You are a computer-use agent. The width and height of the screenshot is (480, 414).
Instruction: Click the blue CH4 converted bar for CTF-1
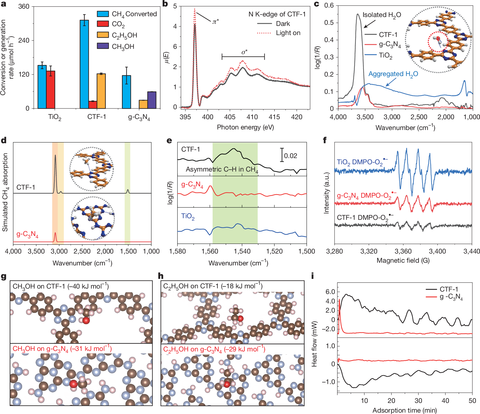click(x=84, y=65)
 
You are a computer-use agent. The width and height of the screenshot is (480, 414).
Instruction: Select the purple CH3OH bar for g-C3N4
click(x=152, y=100)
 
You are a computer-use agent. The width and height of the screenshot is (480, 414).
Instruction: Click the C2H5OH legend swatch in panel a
click(x=103, y=35)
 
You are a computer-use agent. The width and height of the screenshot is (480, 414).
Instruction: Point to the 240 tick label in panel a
click(x=24, y=40)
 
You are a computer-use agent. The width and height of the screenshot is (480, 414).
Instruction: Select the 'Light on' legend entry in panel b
click(x=288, y=33)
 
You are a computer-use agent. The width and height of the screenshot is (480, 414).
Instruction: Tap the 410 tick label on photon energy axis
click(x=252, y=117)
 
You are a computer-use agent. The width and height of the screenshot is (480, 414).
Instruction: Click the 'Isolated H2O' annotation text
click(x=382, y=15)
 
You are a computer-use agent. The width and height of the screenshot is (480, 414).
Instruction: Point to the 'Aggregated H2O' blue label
click(x=393, y=74)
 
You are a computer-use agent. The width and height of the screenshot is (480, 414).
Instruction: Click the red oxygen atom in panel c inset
click(x=438, y=38)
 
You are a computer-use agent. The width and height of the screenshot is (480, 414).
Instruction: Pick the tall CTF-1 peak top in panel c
click(x=358, y=15)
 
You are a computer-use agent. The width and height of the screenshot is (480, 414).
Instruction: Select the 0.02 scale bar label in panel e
click(x=290, y=156)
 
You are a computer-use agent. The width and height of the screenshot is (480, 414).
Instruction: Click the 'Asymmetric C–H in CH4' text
click(x=222, y=170)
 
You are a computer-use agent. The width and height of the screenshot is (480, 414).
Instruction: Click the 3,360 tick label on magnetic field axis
click(x=403, y=251)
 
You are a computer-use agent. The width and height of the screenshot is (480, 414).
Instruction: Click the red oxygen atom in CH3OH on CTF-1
click(x=86, y=320)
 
